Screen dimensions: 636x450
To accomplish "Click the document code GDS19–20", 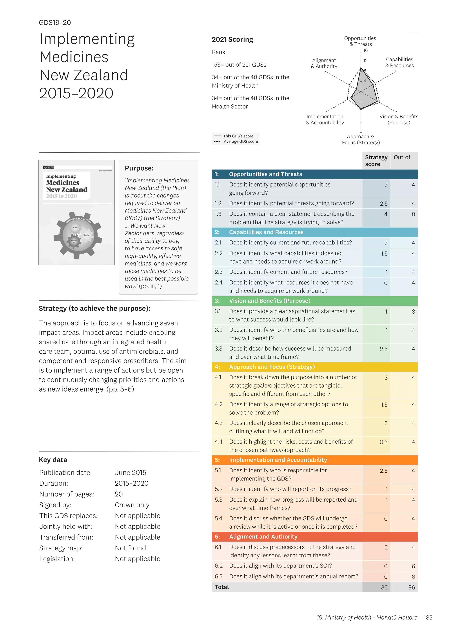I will coord(55,23).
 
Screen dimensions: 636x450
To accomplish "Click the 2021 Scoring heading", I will coord(232,40).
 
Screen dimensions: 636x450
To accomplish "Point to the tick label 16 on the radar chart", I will coord(365,51).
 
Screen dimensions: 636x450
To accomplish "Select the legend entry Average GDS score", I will coord(241,142).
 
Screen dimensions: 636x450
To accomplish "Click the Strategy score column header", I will coord(376,161).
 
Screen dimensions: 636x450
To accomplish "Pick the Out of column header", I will coord(402,157).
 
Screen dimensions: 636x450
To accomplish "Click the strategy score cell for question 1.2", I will coord(383,204).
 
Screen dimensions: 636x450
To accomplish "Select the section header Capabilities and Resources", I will coord(266,232).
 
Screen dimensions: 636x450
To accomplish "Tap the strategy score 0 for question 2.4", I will coord(385,283).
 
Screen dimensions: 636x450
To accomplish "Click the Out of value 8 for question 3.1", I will coord(413,312).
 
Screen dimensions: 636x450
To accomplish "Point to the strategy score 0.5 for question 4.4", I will coord(383,442).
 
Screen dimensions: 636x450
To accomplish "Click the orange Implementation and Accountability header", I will coord(278,460).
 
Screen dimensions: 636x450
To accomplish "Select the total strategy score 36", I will coord(384,587).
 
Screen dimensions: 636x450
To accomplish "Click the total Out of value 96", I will coord(412,587).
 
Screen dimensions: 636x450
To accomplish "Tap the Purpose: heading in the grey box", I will coord(139,168).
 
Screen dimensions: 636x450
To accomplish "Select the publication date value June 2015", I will coord(130,473).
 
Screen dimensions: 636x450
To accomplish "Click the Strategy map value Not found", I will coord(130,548).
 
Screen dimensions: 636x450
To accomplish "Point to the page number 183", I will coord(428,617).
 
